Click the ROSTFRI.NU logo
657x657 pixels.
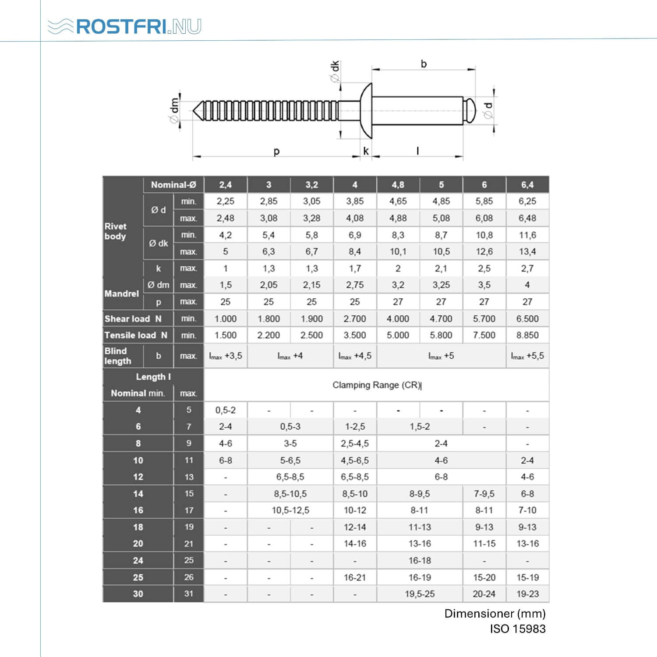coord(124,26)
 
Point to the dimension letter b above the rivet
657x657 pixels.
coord(424,64)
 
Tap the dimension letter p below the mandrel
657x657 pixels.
coord(276,152)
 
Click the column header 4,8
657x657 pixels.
coord(398,185)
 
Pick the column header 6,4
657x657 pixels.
coord(527,185)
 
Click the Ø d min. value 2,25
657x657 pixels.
coord(226,201)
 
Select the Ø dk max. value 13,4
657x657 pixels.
coord(527,252)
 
